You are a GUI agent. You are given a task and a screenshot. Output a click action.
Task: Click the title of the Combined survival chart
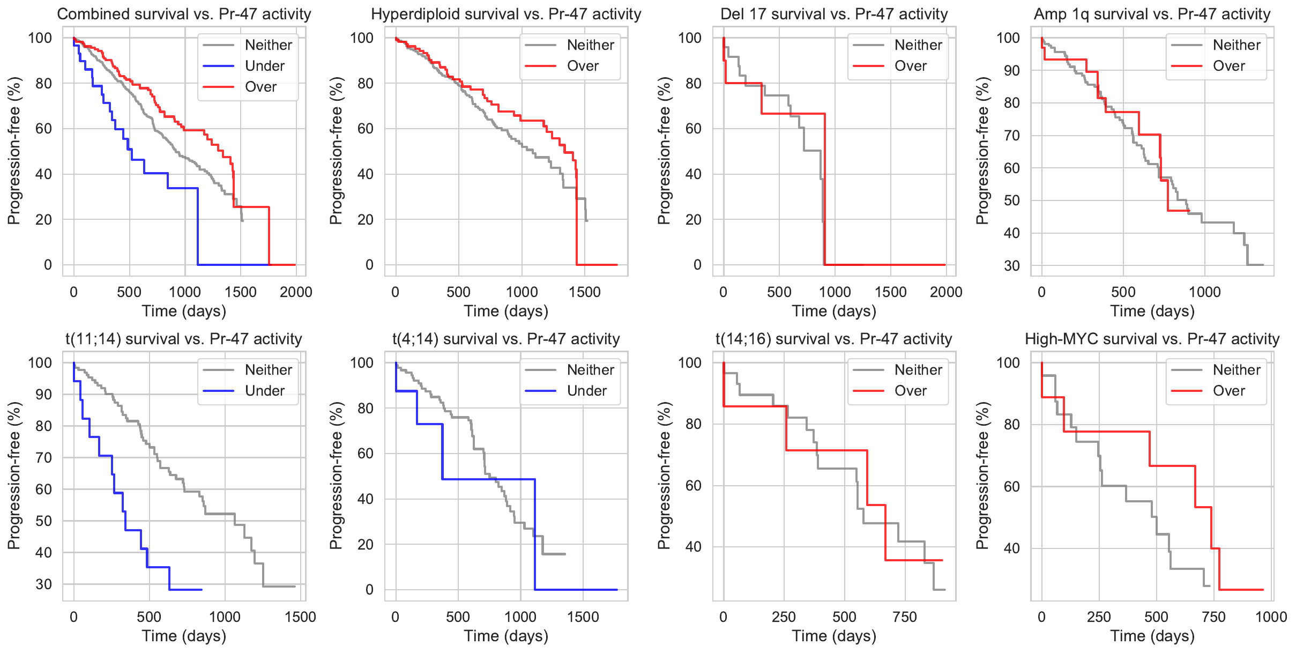click(x=184, y=14)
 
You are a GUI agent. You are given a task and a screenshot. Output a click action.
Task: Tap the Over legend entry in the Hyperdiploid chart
click(x=583, y=66)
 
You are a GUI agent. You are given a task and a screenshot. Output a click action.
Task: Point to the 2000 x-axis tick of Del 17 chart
click(x=946, y=292)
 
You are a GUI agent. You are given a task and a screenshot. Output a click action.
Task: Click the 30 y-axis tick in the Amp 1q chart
click(x=1011, y=265)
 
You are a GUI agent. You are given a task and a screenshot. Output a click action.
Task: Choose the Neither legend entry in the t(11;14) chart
click(x=268, y=370)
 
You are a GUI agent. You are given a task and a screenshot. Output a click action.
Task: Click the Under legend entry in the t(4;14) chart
click(x=586, y=391)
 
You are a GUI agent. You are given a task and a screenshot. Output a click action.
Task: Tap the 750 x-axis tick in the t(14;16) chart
click(x=905, y=617)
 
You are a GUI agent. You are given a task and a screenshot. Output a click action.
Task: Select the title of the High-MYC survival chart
click(x=1152, y=339)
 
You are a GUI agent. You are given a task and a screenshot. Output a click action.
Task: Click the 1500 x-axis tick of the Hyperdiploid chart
click(x=585, y=292)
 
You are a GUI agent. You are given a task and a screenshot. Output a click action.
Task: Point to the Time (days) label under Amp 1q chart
click(x=1152, y=311)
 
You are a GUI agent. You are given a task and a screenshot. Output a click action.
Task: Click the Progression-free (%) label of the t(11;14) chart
click(x=13, y=476)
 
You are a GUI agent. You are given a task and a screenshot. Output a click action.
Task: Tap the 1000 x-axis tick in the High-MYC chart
click(x=1271, y=617)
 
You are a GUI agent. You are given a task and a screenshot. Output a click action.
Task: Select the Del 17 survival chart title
click(x=834, y=14)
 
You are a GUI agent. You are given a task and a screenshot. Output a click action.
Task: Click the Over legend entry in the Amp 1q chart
click(x=1228, y=66)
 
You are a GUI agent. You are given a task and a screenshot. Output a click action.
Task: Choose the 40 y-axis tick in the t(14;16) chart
click(x=693, y=547)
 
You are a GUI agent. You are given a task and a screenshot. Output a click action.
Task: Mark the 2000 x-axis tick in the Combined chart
click(x=296, y=292)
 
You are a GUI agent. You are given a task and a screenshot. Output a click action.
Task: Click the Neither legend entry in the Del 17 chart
click(x=918, y=45)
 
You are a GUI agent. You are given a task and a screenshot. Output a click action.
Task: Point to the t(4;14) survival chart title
click(x=506, y=339)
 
